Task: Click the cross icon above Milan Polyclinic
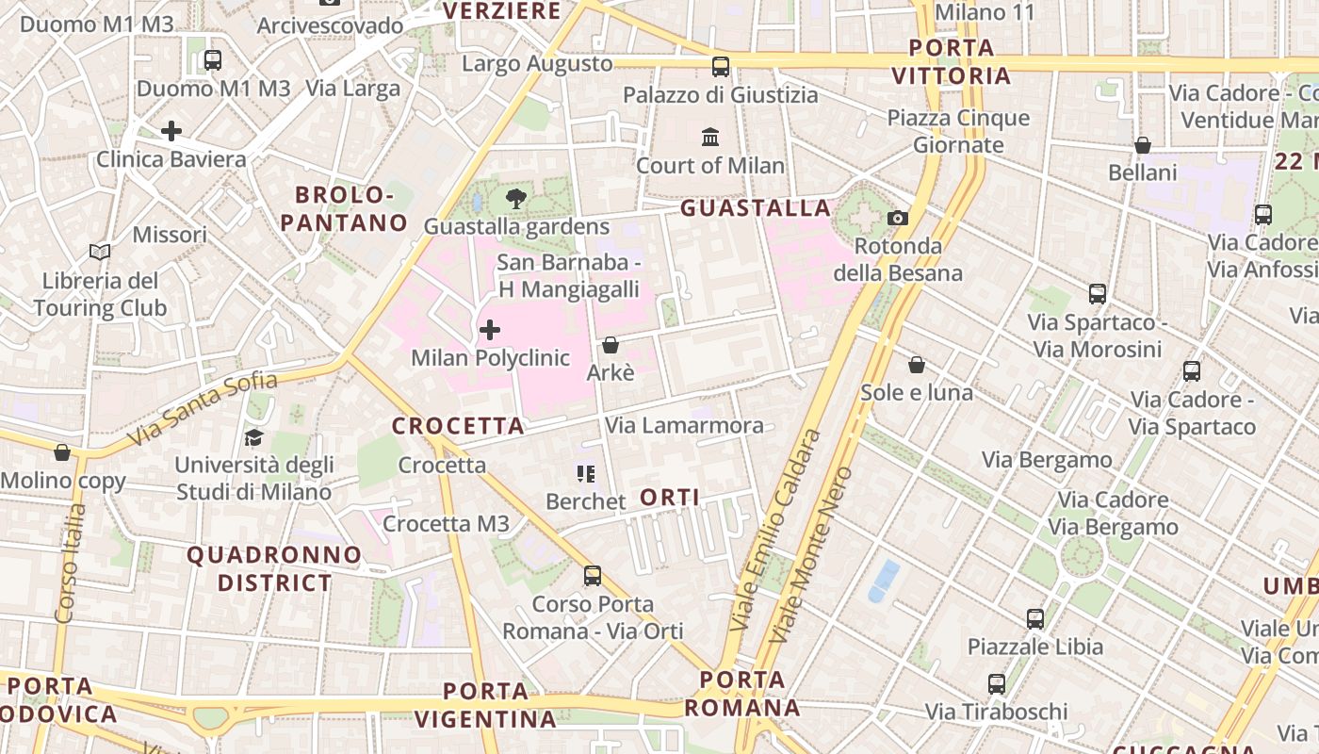point(490,330)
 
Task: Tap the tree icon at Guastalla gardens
point(516,199)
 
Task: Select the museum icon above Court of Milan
point(710,138)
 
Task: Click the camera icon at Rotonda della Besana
point(898,219)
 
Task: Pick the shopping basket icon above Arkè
point(611,345)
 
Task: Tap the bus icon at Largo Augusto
point(721,67)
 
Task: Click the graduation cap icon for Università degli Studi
point(253,437)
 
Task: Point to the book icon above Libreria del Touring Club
point(100,253)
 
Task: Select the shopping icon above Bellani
point(1142,145)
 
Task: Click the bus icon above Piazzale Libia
point(1035,619)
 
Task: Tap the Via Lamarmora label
point(684,425)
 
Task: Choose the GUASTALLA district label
point(756,208)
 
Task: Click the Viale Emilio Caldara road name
point(774,532)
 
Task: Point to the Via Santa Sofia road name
point(204,409)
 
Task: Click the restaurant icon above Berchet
point(586,474)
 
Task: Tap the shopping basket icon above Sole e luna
point(917,365)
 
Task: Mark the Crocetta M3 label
point(446,523)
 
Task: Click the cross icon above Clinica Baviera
point(171,131)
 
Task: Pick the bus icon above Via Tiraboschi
point(997,683)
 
